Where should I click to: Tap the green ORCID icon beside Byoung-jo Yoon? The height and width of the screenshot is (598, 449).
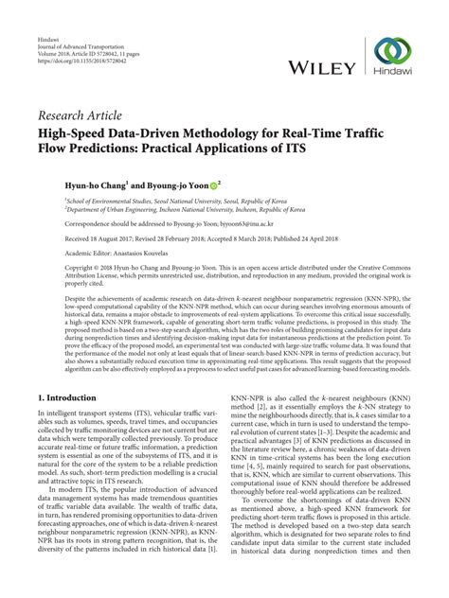(x=214, y=184)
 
